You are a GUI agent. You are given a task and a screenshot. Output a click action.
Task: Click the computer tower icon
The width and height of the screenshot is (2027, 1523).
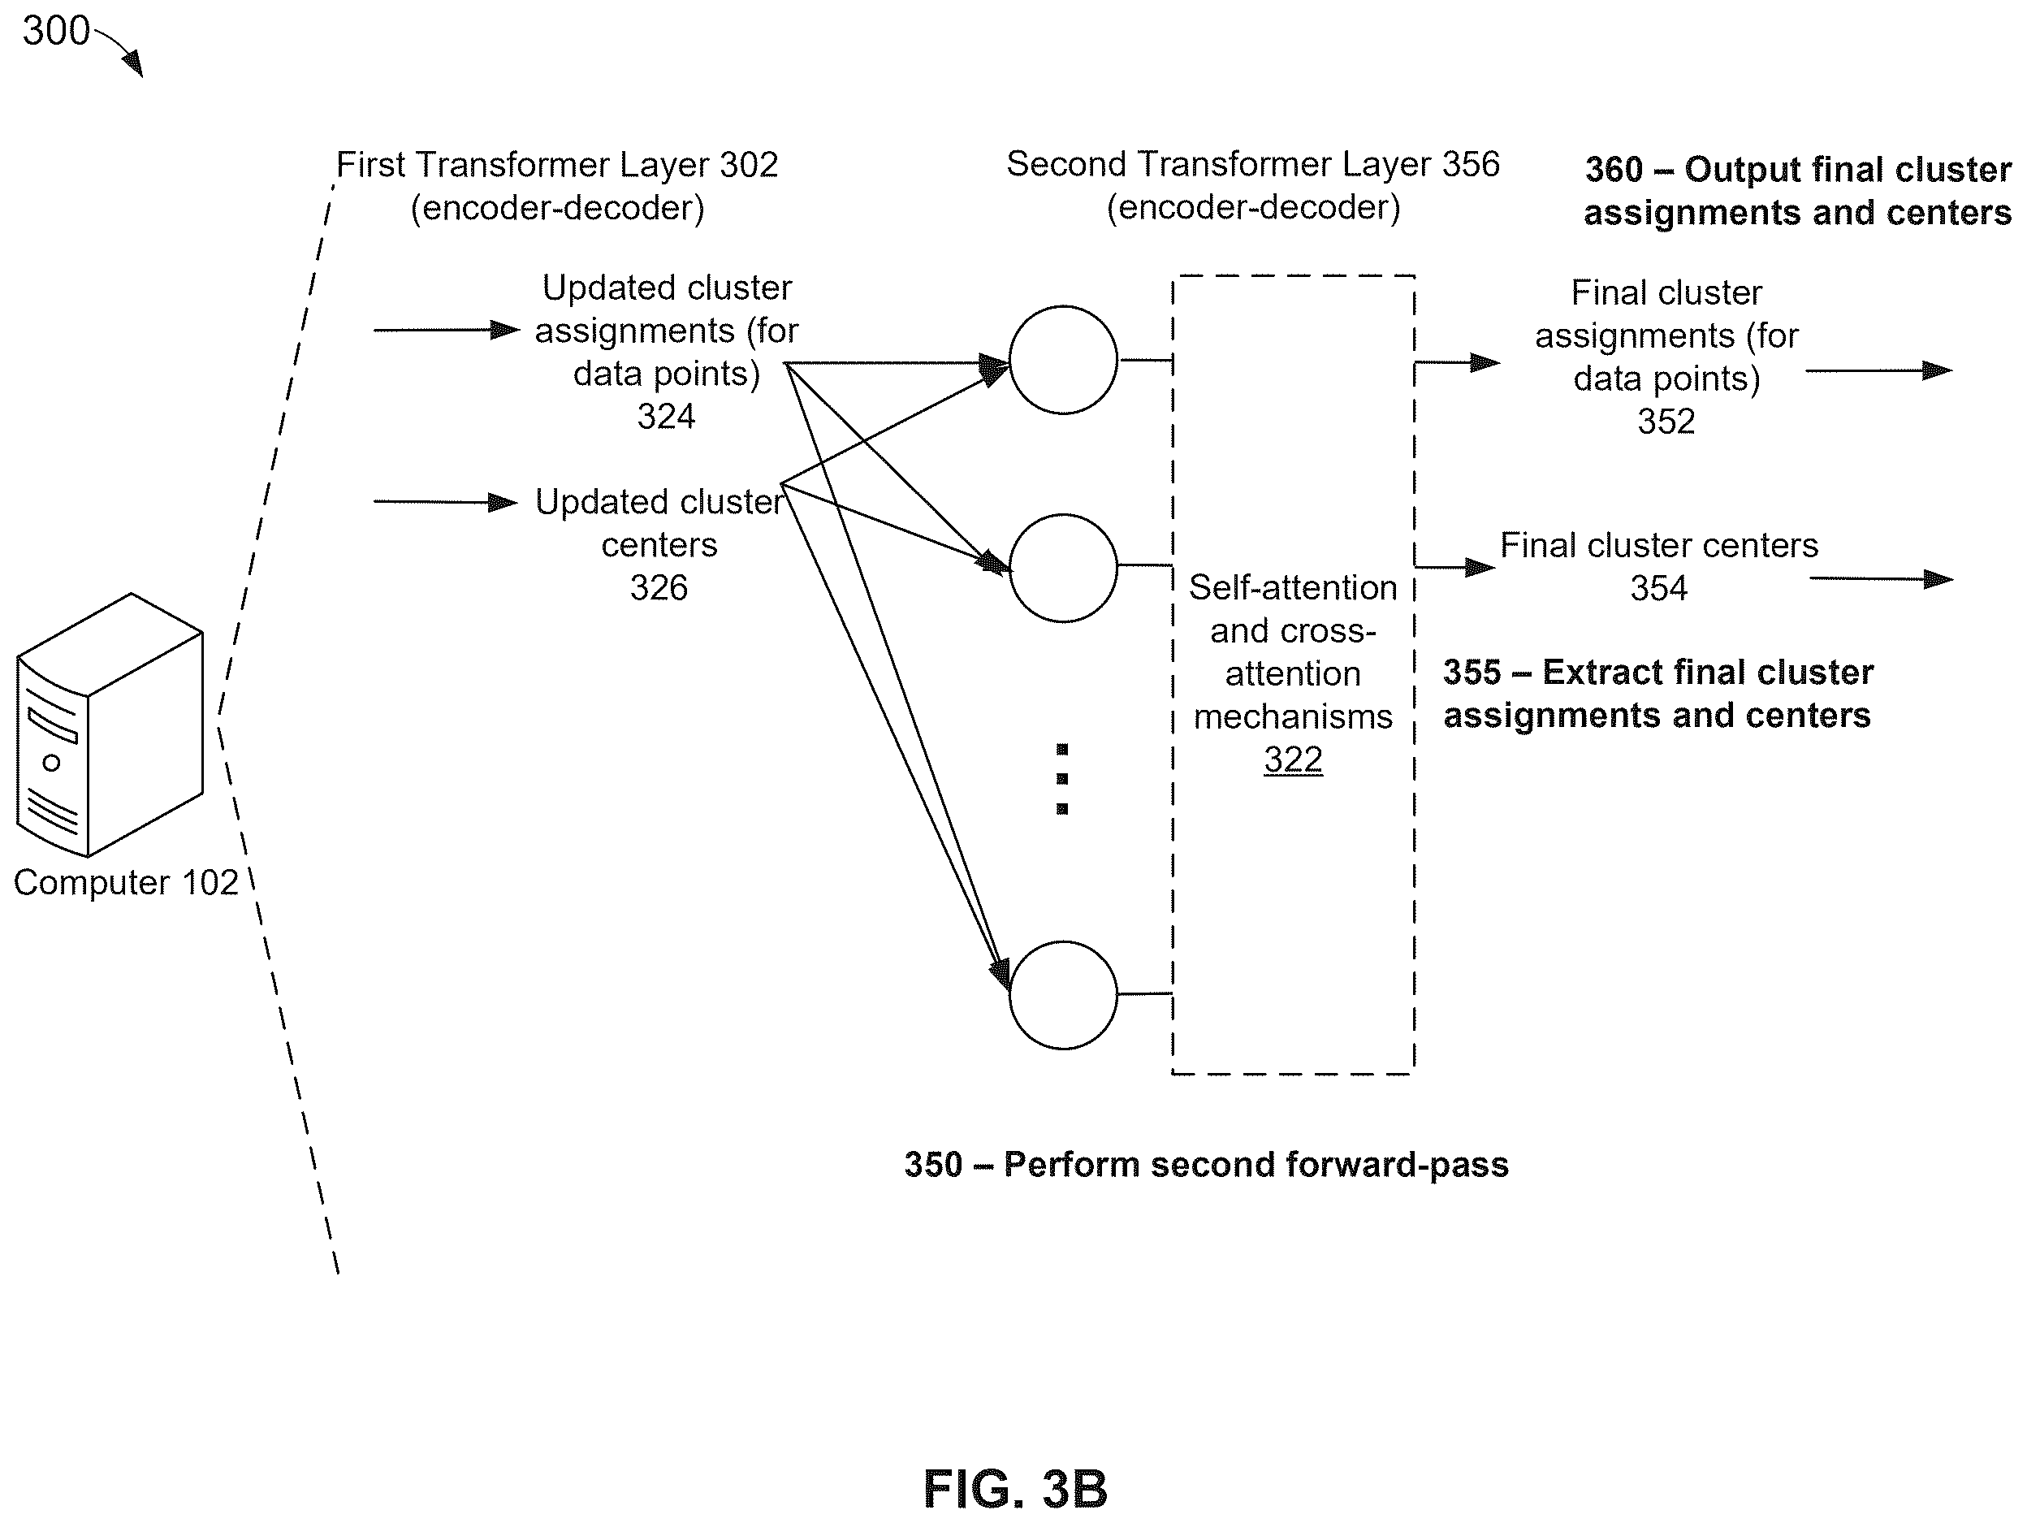(x=109, y=725)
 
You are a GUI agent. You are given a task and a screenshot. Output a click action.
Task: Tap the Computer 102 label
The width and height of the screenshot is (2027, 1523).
(x=126, y=882)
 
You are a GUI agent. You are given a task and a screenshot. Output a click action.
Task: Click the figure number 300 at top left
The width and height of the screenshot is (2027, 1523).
(x=56, y=31)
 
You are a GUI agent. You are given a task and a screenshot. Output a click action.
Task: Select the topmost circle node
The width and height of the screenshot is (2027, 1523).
(x=1063, y=360)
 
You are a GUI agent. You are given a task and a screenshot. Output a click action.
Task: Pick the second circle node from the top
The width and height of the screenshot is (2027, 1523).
(x=1063, y=568)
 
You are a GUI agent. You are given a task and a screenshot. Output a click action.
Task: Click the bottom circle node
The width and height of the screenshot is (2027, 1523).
(x=1063, y=994)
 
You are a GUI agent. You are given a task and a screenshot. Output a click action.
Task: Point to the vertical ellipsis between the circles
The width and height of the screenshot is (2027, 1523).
(x=1062, y=779)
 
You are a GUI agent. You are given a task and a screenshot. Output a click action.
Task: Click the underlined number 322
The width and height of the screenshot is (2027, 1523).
(x=1293, y=759)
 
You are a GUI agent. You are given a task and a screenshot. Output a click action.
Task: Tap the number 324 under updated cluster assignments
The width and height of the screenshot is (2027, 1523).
(x=666, y=417)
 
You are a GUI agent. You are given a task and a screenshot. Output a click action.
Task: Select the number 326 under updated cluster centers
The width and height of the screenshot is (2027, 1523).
(x=659, y=587)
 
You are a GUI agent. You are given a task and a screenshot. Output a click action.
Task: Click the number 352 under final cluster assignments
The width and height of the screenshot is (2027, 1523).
(x=1666, y=422)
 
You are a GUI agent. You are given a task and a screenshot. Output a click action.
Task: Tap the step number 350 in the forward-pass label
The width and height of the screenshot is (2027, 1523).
(x=933, y=1165)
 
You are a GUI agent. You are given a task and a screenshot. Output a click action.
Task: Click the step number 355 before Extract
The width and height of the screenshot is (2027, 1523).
(x=1472, y=673)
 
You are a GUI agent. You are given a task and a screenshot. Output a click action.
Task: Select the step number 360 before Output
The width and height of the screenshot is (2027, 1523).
(x=1614, y=170)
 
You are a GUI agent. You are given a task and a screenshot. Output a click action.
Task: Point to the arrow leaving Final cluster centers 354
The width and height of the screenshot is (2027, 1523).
(x=1882, y=579)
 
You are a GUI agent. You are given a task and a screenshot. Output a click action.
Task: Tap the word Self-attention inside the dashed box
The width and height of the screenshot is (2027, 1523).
(x=1293, y=587)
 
